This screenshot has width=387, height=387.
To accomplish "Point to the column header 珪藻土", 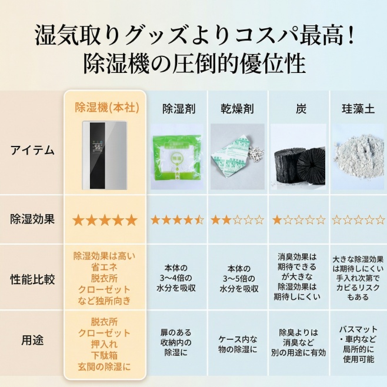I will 358,109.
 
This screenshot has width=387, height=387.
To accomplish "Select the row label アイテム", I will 32,151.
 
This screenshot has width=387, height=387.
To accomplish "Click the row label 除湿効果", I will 32,219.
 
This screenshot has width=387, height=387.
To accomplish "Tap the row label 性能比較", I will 32,279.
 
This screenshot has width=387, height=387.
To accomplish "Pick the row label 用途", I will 32,340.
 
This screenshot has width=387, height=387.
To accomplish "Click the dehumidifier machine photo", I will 105,155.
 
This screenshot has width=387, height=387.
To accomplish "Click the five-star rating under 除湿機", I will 105,220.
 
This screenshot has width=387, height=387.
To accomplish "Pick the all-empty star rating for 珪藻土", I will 358,220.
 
